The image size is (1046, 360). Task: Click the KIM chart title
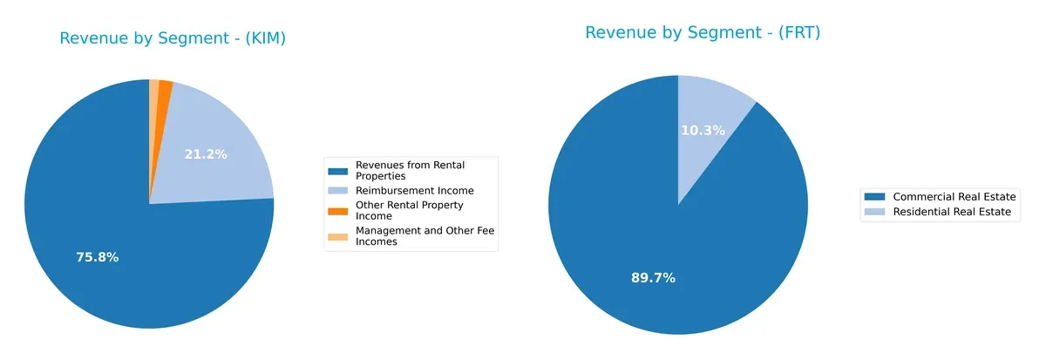click(x=173, y=38)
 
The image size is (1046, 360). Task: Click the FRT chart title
click(x=703, y=32)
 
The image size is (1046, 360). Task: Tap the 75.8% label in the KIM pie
click(x=97, y=257)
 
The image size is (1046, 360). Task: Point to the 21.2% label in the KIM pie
click(x=206, y=154)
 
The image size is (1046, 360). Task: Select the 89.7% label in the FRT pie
click(x=653, y=278)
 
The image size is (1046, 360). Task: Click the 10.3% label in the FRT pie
click(x=702, y=130)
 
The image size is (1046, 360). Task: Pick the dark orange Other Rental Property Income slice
click(x=165, y=89)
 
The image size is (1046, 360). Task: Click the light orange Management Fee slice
click(x=154, y=87)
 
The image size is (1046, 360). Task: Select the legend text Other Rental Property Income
click(x=409, y=210)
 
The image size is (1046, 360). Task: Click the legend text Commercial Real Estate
click(x=954, y=197)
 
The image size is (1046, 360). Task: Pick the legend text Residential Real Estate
click(x=956, y=212)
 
